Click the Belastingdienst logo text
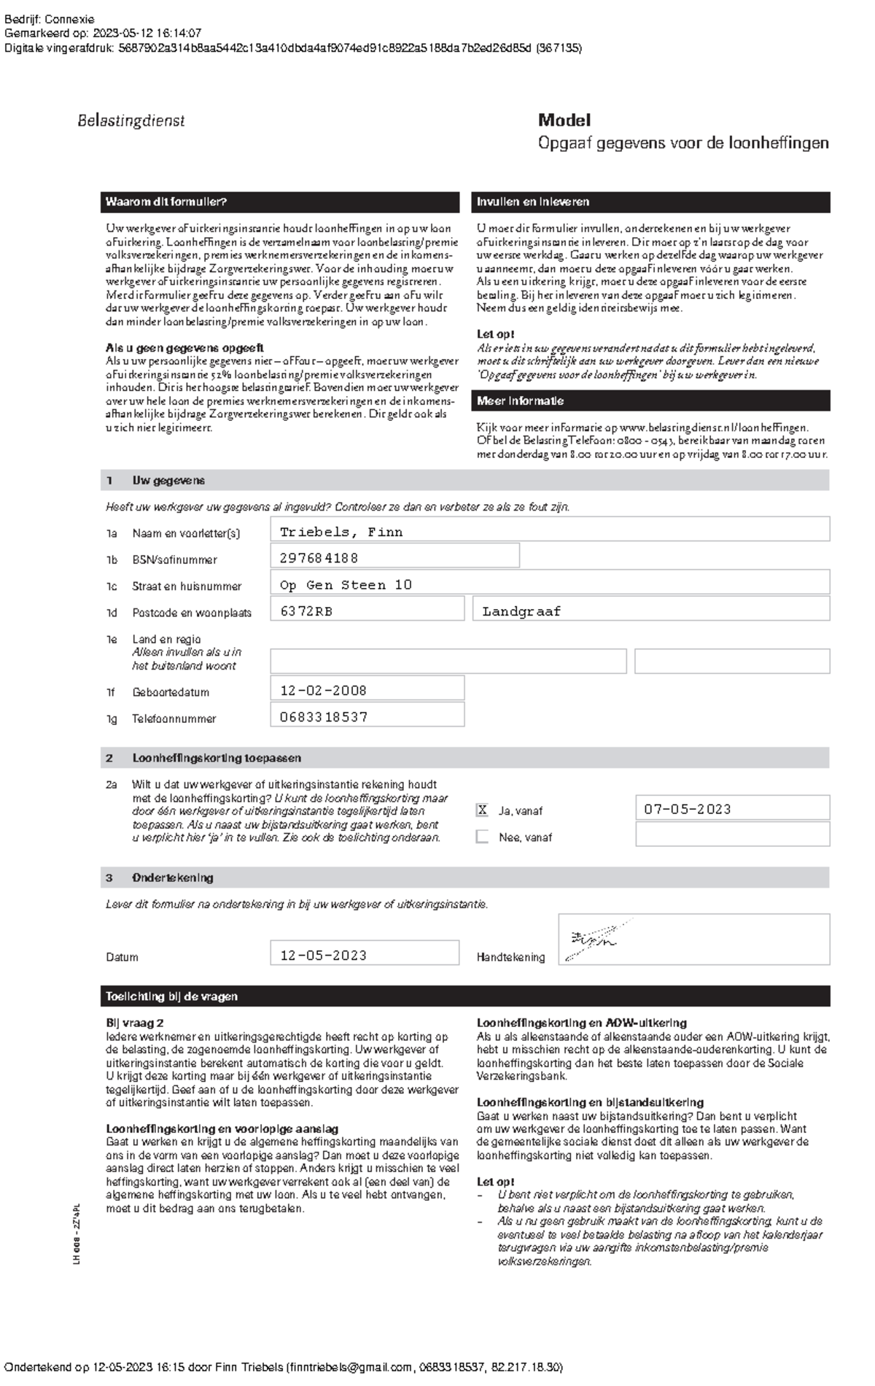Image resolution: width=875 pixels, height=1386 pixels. click(x=131, y=121)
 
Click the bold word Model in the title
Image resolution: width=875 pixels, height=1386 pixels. click(x=564, y=120)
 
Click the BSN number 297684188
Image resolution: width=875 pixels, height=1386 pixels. click(x=319, y=558)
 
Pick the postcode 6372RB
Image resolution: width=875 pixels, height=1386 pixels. click(x=306, y=611)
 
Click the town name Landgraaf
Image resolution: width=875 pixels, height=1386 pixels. click(x=521, y=611)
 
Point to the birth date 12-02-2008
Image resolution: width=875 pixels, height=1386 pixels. click(x=323, y=690)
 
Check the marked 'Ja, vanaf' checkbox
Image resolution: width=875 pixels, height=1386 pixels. click(x=482, y=810)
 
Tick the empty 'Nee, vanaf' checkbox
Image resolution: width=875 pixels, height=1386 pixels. click(x=482, y=837)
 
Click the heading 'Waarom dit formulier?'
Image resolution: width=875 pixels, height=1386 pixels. click(x=166, y=202)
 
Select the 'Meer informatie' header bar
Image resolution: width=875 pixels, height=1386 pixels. click(x=653, y=400)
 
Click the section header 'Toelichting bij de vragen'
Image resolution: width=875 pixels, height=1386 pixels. click(x=172, y=996)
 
